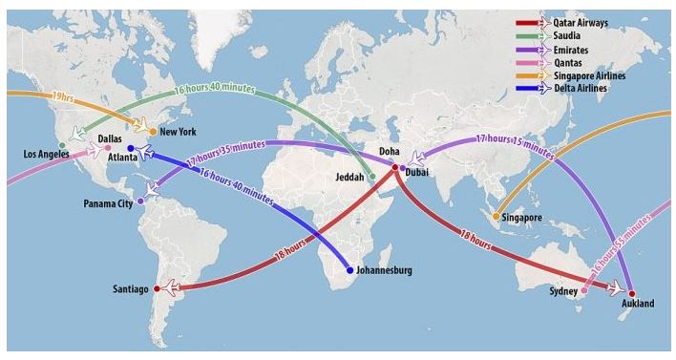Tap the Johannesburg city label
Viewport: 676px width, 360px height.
point(384,270)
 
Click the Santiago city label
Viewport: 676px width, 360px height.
point(130,287)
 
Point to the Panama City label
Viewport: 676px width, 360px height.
point(106,204)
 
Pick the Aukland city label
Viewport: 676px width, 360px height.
point(637,304)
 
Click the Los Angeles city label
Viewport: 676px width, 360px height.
point(46,154)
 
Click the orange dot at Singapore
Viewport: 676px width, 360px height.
point(496,217)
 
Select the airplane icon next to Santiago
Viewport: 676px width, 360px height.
point(168,287)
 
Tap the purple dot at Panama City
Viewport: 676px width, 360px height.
point(140,201)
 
